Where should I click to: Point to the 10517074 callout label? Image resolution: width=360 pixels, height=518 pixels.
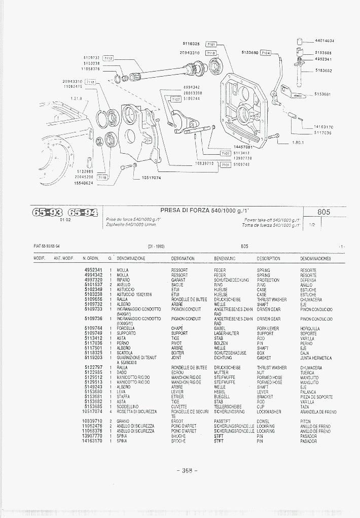coord(151,178)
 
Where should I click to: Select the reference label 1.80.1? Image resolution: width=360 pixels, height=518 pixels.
coord(298,143)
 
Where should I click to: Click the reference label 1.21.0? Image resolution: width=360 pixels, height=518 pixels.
coord(77,98)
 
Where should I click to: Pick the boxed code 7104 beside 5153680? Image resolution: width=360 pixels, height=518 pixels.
coord(266,52)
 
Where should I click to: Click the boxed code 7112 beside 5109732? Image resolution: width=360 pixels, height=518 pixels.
coord(108,58)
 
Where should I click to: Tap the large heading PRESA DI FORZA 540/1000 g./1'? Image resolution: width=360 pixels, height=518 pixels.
coord(208,210)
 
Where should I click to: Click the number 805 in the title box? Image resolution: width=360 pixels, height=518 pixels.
coord(324,212)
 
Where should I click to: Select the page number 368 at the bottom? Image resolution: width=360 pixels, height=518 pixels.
coord(187,470)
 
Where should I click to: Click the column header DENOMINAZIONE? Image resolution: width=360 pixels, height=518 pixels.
coord(131,259)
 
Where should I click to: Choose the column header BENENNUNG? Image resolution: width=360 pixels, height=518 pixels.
coord(225,259)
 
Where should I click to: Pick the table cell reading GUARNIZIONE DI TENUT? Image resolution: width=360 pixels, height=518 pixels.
coord(137,358)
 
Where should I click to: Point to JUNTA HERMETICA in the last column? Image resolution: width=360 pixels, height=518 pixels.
coord(316,358)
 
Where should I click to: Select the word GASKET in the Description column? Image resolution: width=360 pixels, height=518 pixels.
coord(264,358)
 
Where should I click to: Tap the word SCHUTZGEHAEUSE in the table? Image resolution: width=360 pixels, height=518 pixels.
coord(230,353)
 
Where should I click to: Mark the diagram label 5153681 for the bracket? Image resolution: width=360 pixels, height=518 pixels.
coord(323,94)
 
